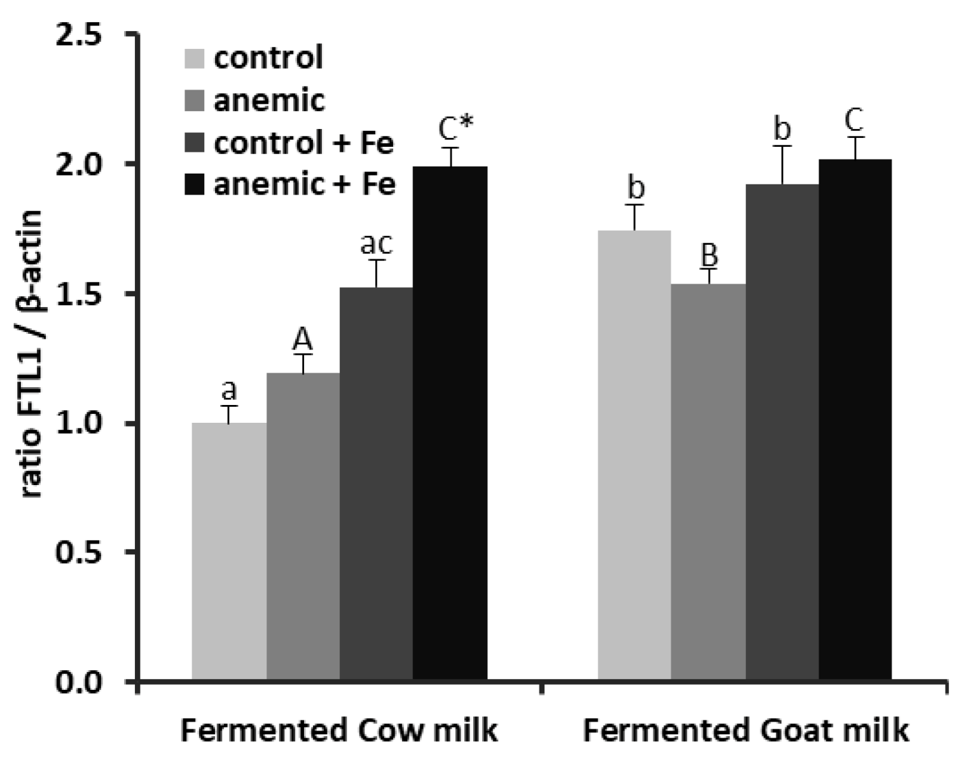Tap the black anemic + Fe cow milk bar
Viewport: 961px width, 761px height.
[450, 423]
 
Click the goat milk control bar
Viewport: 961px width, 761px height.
[634, 455]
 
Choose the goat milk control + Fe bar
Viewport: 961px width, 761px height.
[782, 432]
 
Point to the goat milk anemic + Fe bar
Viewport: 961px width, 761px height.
[855, 420]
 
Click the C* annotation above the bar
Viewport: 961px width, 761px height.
[457, 129]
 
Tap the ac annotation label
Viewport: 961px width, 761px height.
[377, 243]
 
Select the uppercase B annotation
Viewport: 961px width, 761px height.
[709, 255]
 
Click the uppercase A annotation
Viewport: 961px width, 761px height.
[303, 341]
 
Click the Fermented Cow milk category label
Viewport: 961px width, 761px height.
[339, 730]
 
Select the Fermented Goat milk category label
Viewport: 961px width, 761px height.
[745, 730]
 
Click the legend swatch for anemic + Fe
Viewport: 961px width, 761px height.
[194, 185]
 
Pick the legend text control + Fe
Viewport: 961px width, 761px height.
[303, 143]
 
